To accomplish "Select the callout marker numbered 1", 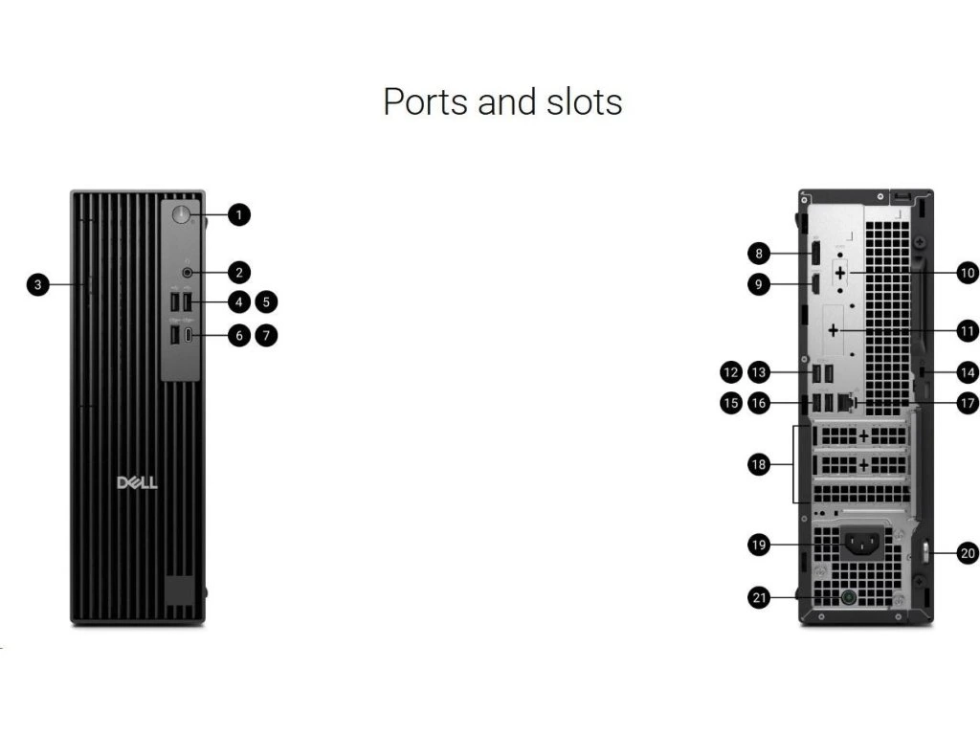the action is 238,215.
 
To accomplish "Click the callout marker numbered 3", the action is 37,283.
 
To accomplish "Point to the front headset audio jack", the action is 188,272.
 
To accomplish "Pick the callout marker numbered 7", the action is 267,335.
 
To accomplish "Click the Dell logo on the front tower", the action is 137,482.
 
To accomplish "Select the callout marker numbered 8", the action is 759,254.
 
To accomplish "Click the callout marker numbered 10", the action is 967,273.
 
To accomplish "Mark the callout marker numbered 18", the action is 759,464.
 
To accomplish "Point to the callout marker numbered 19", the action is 759,546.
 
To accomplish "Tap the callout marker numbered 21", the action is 759,598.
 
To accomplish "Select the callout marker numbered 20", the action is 967,552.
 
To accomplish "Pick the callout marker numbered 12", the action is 731,371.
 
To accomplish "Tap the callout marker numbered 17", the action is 967,403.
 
